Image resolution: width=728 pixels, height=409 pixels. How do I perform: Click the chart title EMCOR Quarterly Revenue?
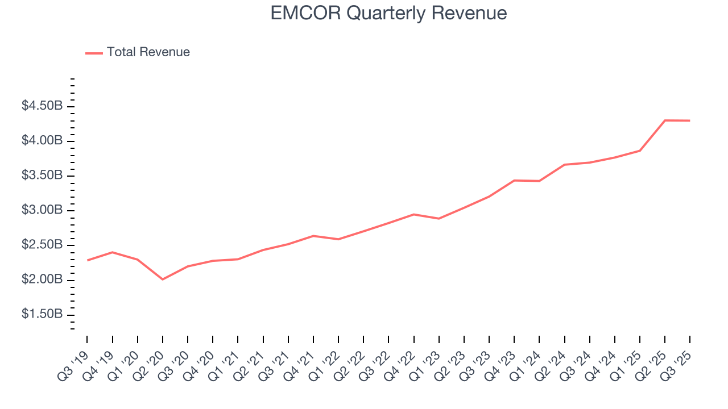click(388, 13)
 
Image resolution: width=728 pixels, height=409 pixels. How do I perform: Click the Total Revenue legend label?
click(148, 52)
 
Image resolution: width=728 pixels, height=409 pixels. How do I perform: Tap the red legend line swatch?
click(94, 53)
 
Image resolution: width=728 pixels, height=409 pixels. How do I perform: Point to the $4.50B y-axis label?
click(42, 106)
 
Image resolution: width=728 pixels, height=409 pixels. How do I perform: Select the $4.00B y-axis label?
click(42, 140)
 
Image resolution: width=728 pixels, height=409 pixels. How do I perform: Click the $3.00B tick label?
click(42, 210)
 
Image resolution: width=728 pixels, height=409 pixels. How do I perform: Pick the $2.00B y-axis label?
click(42, 280)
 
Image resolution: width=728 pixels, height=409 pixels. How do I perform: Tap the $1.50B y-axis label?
click(42, 315)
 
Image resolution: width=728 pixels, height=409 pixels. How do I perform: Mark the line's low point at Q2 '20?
click(163, 279)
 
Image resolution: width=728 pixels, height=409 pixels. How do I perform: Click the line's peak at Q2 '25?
click(665, 120)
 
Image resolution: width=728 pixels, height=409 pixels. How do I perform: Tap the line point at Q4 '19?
click(112, 252)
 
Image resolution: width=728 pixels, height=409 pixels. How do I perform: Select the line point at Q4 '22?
click(413, 214)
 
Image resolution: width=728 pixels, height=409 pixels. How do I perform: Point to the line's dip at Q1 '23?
click(439, 219)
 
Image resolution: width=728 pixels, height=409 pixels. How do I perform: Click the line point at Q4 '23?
click(514, 180)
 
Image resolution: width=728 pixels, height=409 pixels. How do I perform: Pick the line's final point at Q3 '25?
click(689, 120)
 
